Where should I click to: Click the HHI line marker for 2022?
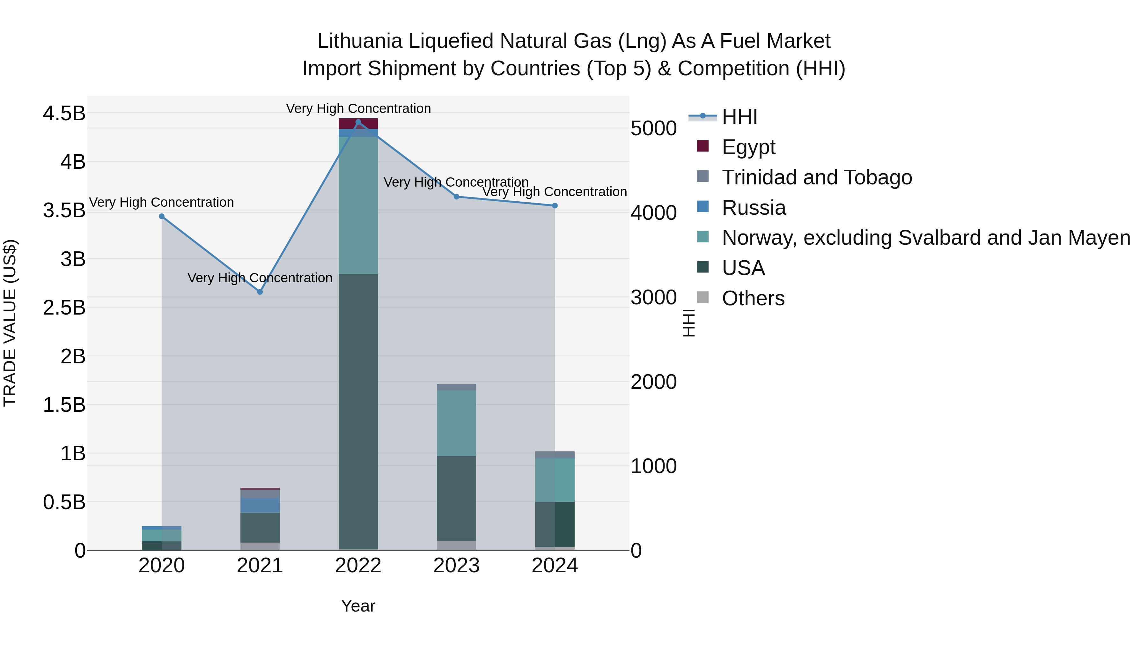(x=358, y=122)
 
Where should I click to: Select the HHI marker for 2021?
(x=260, y=292)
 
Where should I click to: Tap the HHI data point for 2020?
(x=162, y=217)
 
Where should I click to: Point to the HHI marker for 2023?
(x=456, y=197)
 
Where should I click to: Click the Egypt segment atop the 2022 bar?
(x=358, y=123)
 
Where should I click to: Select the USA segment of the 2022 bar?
(x=358, y=410)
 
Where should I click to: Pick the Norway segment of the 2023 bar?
(x=456, y=423)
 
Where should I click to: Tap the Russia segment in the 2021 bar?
(x=260, y=505)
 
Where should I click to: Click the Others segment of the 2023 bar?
(x=456, y=545)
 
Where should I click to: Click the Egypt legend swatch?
(x=703, y=146)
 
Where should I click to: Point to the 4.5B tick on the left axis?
(x=64, y=114)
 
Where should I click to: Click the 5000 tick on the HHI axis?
(x=654, y=128)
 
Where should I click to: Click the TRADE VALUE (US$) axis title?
(x=10, y=323)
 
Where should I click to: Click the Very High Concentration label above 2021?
(x=260, y=278)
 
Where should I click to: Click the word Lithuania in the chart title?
(x=360, y=41)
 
